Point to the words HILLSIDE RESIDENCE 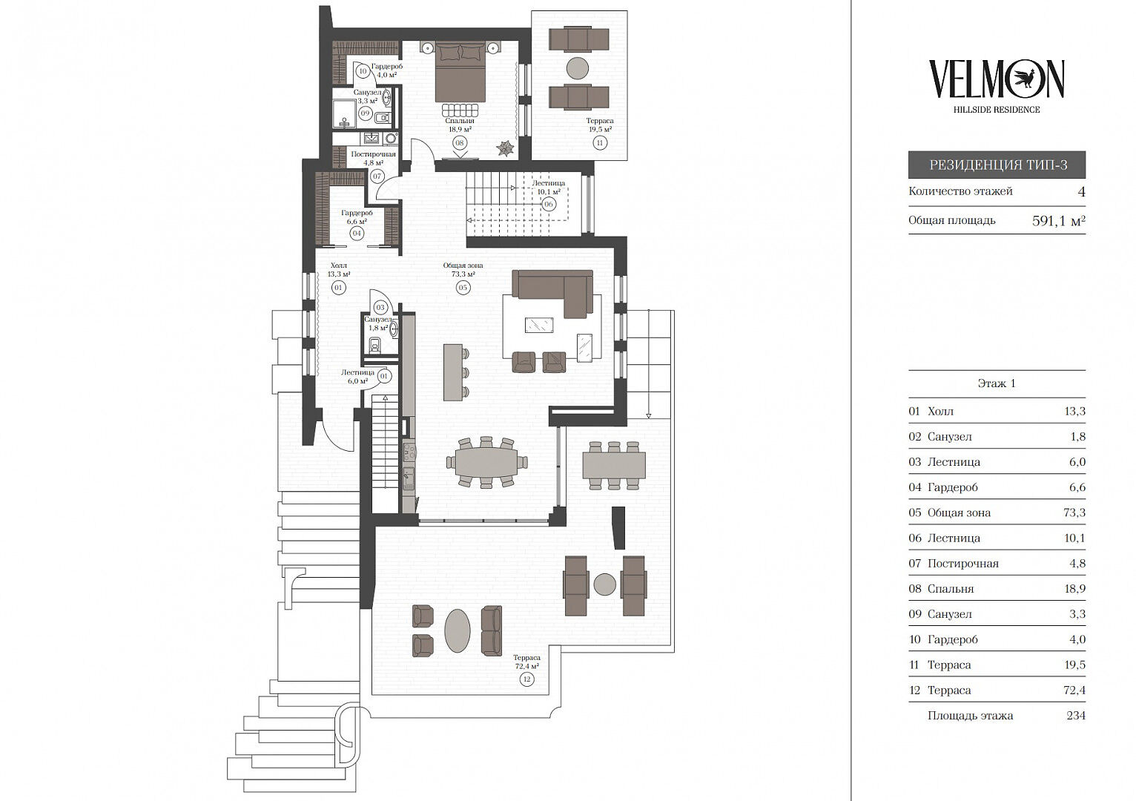pos(997,110)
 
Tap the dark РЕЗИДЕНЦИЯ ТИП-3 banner pos(997,165)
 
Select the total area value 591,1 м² pos(1058,221)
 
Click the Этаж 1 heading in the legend pos(997,383)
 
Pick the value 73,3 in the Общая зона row pos(1074,512)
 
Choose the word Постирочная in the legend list pos(963,563)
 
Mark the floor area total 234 pos(1076,715)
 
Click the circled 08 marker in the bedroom pos(460,143)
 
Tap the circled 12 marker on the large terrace pos(527,679)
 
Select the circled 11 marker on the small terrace pos(600,143)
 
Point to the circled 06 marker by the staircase pos(548,205)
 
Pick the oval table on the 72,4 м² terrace pos(458,630)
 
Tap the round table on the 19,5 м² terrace pos(578,68)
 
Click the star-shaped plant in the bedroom pos(506,148)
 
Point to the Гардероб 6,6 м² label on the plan pos(357,217)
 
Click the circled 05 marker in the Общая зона pos(463,288)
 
